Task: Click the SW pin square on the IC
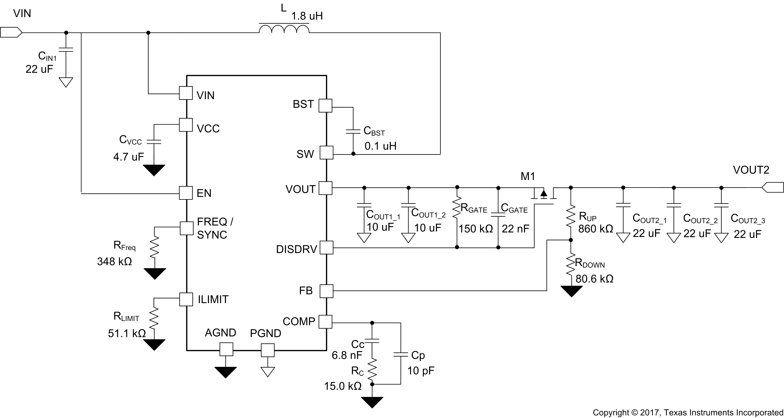point(326,153)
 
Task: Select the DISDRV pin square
point(326,248)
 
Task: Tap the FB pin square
point(326,291)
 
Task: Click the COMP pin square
point(325,322)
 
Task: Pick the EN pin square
point(186,193)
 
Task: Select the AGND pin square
point(226,349)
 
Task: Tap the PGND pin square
point(268,350)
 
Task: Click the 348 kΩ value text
point(114,261)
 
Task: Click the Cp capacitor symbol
point(401,354)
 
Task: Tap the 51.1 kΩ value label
point(127,333)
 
